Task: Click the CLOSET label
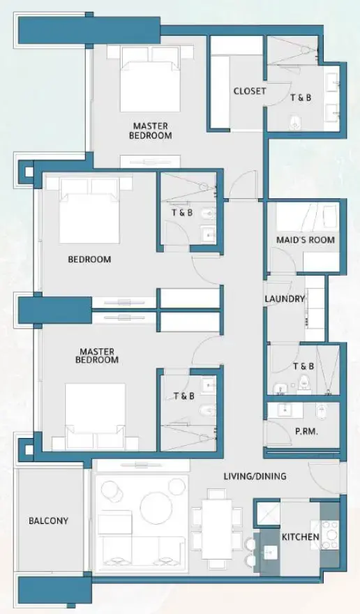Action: pos(249,91)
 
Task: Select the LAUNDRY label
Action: pos(285,299)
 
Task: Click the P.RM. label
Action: pos(306,432)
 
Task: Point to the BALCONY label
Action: pos(48,521)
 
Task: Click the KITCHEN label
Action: pos(300,537)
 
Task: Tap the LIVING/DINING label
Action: pos(255,477)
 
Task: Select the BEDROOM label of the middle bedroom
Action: pos(89,260)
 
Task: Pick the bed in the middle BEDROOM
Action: pos(89,209)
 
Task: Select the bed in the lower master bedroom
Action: pos(96,414)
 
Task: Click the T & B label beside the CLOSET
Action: pos(301,98)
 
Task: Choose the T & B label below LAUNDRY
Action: pos(303,366)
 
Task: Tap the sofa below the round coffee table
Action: pos(142,548)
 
